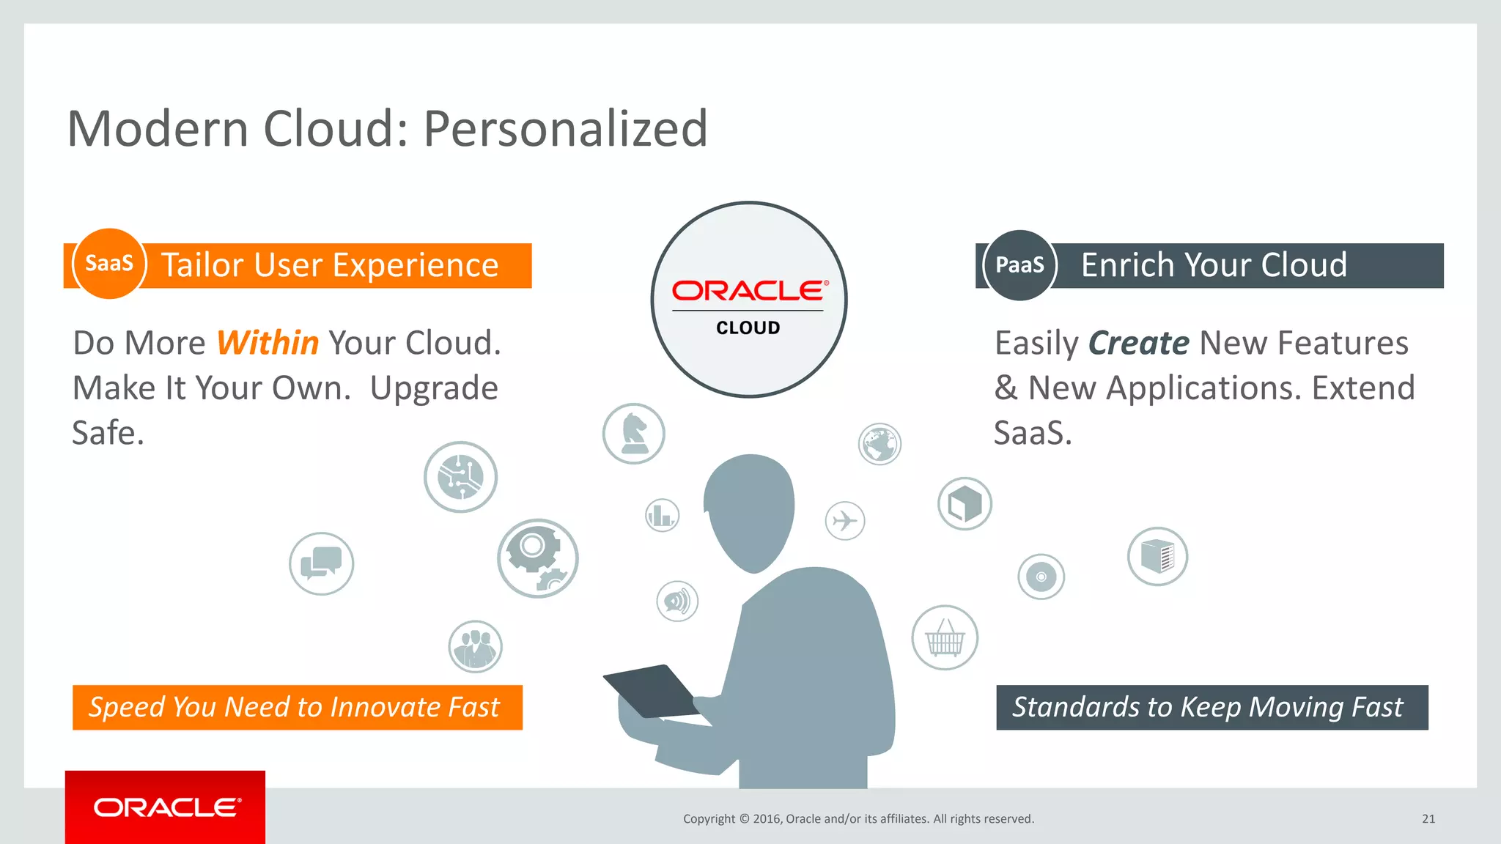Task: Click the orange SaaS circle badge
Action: point(109,264)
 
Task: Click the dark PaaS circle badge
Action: point(1019,264)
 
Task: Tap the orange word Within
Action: point(268,343)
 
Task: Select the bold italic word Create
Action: point(1138,343)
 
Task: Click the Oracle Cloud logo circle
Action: point(748,300)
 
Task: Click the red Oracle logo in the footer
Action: point(166,807)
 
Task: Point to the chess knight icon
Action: point(633,434)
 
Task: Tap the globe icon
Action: point(879,444)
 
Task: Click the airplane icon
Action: point(845,521)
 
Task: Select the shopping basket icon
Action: point(945,637)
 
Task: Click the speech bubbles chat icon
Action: point(321,563)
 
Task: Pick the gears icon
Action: point(537,558)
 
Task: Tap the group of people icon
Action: point(475,646)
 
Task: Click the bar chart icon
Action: point(662,515)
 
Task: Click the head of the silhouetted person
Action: point(749,509)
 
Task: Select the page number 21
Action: point(1428,819)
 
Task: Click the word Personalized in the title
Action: point(565,129)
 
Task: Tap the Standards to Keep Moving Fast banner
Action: point(1212,708)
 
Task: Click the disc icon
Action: point(1041,577)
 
